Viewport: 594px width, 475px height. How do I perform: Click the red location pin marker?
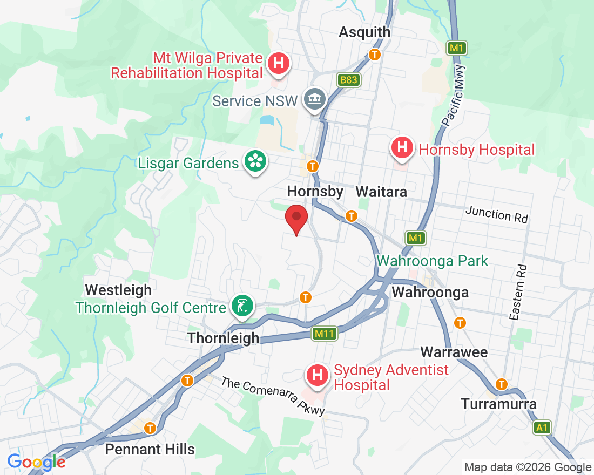tap(296, 218)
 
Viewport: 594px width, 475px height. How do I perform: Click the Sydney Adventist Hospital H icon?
tap(318, 375)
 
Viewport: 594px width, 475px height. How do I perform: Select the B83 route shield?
tap(349, 80)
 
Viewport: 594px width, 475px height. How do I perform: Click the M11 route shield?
tap(325, 334)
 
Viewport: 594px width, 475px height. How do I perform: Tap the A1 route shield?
tap(542, 428)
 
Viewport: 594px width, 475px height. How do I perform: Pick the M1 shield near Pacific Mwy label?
tap(456, 48)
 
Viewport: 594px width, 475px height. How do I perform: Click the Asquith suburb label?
tap(364, 32)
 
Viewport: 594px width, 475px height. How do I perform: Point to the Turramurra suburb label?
tap(498, 404)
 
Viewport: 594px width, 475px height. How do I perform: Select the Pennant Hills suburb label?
tap(150, 449)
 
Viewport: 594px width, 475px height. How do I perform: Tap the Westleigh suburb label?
tap(118, 290)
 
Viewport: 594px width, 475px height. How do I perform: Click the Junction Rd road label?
tap(497, 214)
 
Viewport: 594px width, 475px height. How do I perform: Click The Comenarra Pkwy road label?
tap(273, 396)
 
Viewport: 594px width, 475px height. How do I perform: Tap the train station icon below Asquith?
tap(374, 55)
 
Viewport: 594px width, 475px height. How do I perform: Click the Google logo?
tap(37, 462)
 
